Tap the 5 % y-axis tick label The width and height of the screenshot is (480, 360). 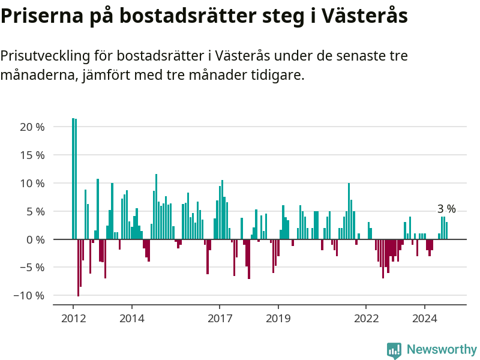pyautogui.click(x=35, y=211)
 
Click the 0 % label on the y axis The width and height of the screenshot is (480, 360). pyautogui.click(x=35, y=239)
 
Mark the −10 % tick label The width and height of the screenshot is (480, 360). pyautogui.click(x=29, y=296)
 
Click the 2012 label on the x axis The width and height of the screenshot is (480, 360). pyautogui.click(x=73, y=318)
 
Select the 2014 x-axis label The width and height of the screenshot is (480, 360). pyautogui.click(x=132, y=318)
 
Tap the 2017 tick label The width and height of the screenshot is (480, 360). pyautogui.click(x=220, y=318)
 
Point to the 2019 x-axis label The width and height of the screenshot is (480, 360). pyautogui.click(x=278, y=318)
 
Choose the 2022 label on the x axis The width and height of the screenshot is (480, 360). pyautogui.click(x=367, y=318)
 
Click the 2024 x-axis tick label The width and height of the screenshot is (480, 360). pyautogui.click(x=425, y=318)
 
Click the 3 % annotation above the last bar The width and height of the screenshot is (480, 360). pyautogui.click(x=446, y=209)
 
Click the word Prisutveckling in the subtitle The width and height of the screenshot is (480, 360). pyautogui.click(x=44, y=56)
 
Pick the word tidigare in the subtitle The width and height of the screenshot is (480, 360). pyautogui.click(x=277, y=76)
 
